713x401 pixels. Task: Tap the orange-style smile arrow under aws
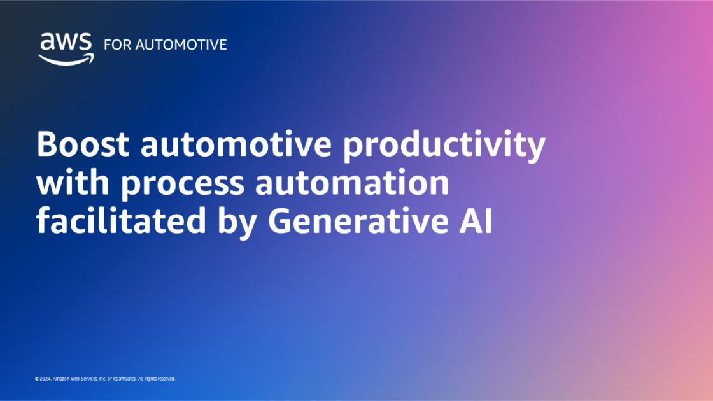click(66, 59)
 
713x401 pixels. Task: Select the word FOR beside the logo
click(115, 45)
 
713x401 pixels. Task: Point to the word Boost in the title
click(83, 146)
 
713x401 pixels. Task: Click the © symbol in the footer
click(37, 379)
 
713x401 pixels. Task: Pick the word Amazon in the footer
click(62, 379)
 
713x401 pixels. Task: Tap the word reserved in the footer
click(165, 379)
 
